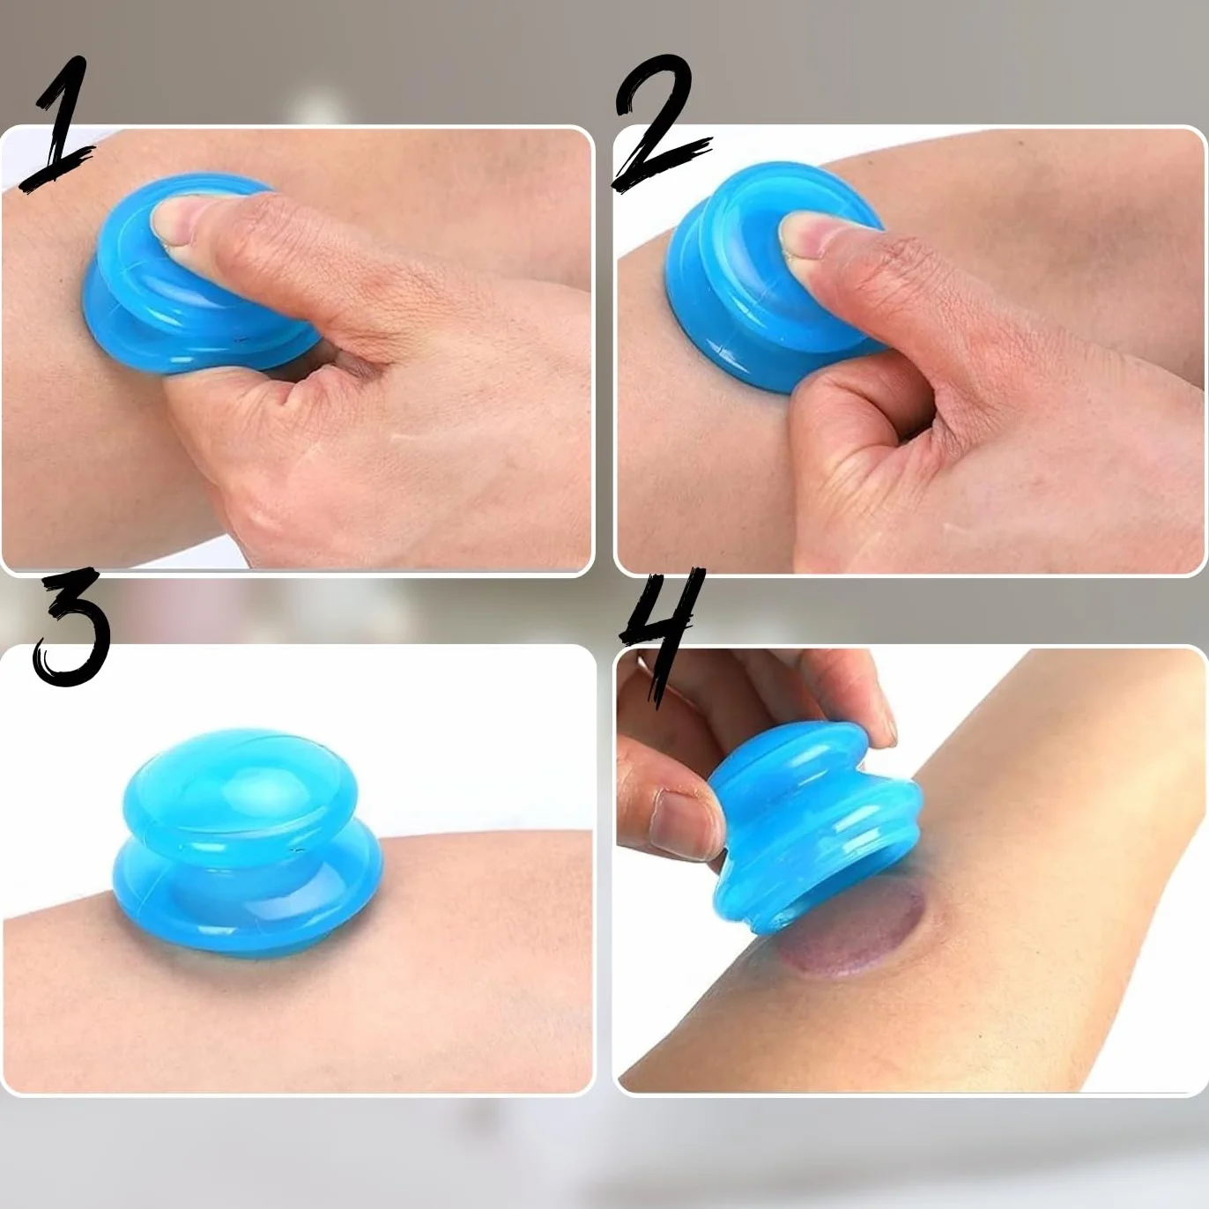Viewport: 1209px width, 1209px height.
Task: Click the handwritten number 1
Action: click(60, 125)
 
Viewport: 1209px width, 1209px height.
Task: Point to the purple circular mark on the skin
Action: click(853, 935)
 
